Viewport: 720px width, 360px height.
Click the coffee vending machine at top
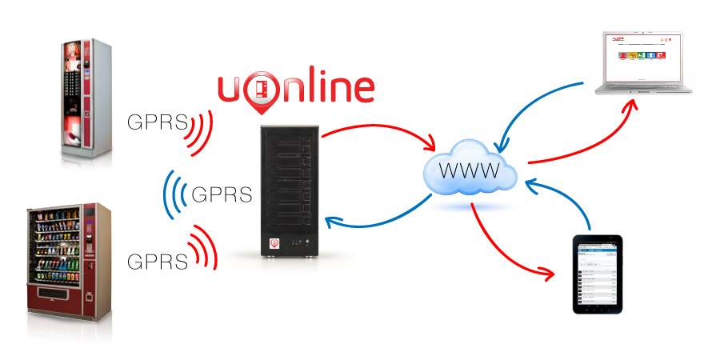click(86, 101)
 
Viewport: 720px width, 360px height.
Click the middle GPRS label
click(222, 194)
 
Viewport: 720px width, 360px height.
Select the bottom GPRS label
click(158, 262)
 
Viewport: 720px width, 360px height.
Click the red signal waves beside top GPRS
click(200, 130)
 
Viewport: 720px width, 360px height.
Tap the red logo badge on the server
click(273, 240)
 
